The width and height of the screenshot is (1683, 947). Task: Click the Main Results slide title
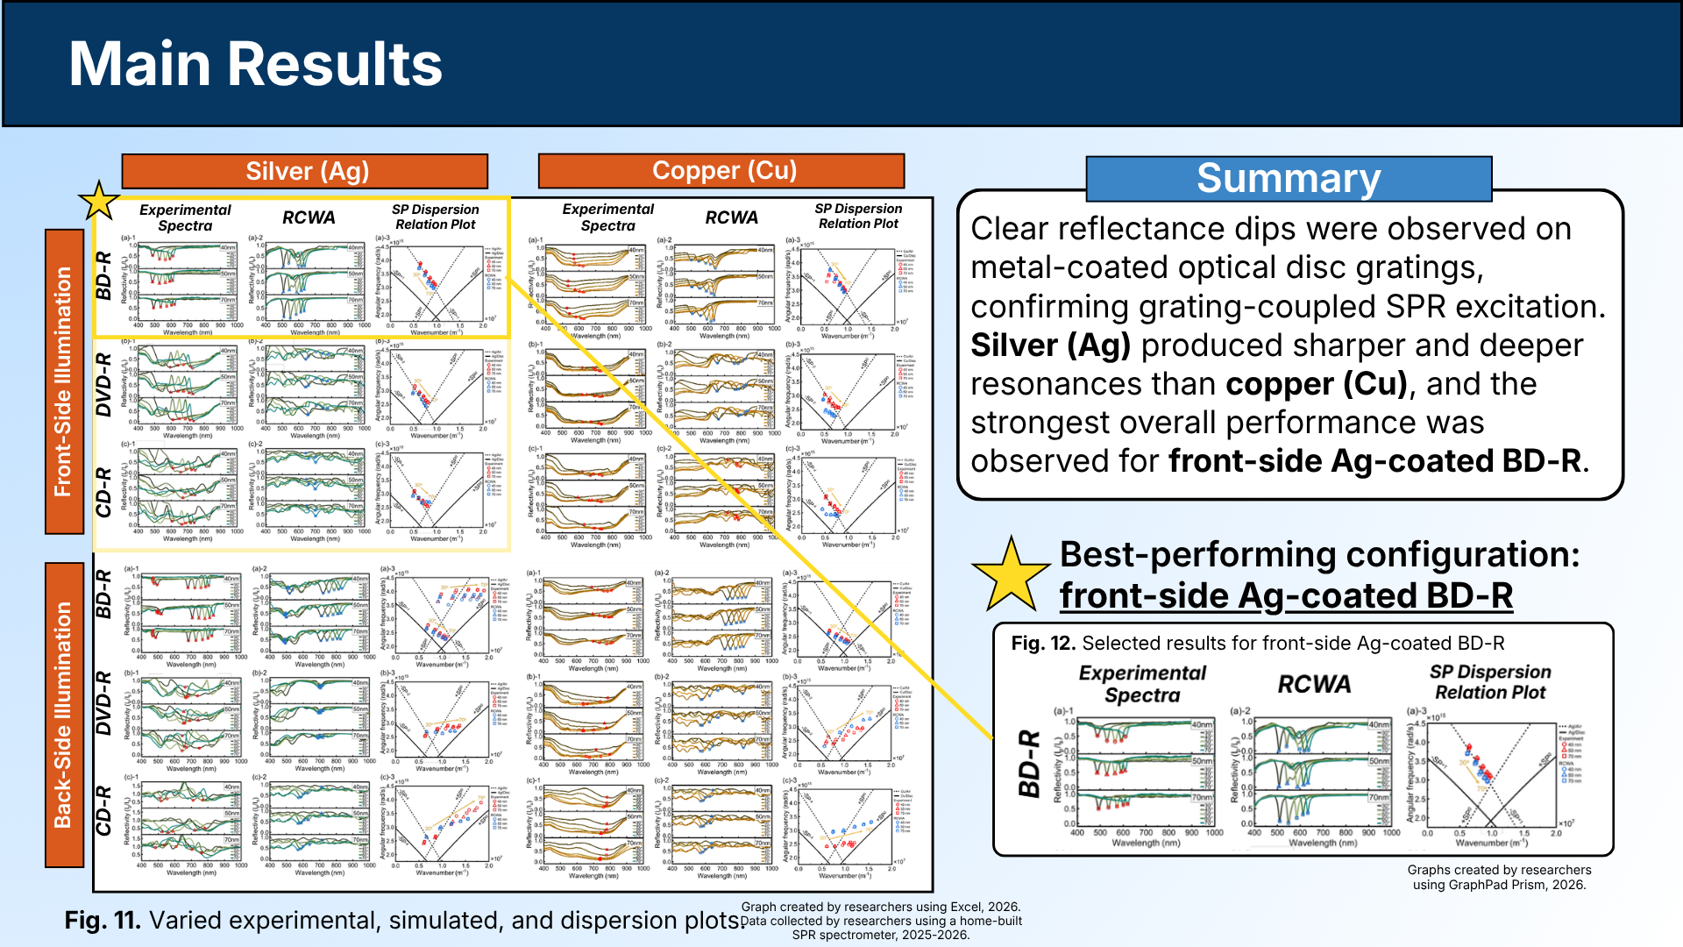point(255,64)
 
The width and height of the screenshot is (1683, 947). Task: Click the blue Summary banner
point(1288,179)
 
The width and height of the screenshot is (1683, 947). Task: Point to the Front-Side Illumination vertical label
point(63,381)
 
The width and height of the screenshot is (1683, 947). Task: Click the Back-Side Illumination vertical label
point(63,714)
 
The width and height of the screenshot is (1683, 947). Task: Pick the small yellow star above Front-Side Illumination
point(99,202)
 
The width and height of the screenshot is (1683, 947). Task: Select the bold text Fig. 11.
point(102,920)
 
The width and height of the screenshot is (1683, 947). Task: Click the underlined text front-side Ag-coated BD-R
point(1286,596)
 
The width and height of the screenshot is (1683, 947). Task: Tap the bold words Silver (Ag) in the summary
point(1050,345)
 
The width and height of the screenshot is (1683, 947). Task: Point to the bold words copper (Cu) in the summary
point(1316,384)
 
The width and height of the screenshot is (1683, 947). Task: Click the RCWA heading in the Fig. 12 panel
point(1314,684)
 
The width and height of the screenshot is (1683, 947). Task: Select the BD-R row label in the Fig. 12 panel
point(1029,763)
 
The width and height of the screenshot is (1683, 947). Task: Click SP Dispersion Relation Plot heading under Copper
point(858,216)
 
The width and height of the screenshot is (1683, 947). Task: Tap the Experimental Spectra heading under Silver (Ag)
point(185,217)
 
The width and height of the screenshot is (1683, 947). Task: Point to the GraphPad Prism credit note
point(1499,877)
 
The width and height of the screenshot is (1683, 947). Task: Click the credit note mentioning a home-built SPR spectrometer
point(881,921)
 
